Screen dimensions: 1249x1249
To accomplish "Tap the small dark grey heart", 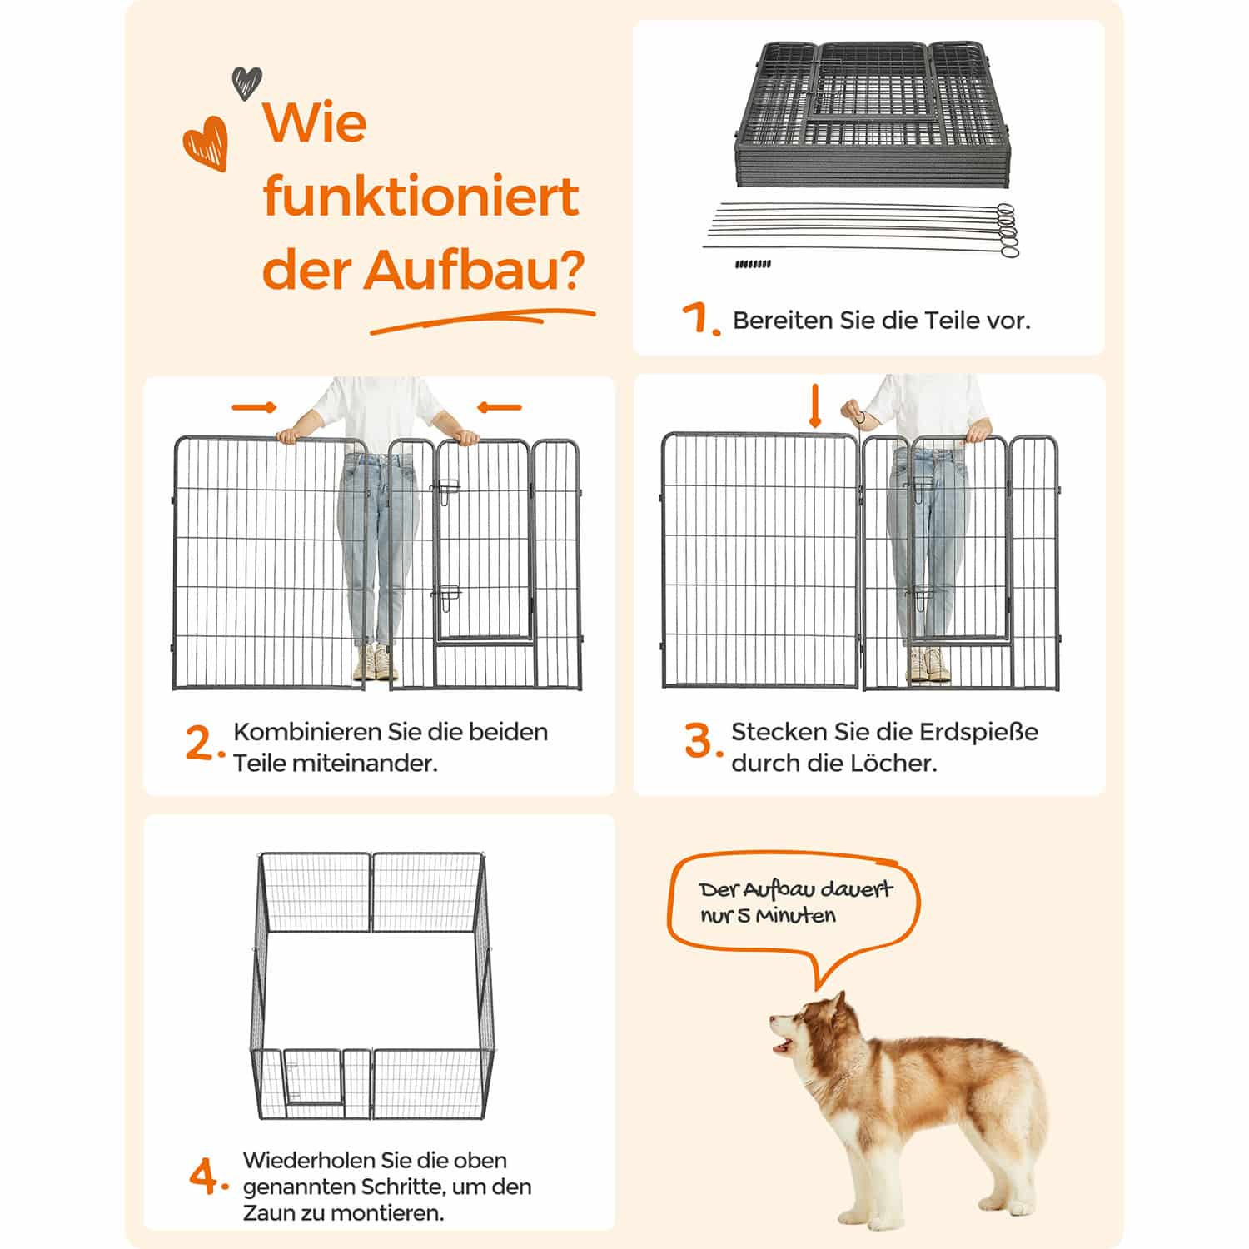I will (x=246, y=82).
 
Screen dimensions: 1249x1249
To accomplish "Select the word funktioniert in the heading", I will (x=420, y=197).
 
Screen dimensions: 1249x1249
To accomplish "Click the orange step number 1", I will (x=698, y=319).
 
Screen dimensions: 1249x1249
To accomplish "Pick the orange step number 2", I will (x=202, y=743).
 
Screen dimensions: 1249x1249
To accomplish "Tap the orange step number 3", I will (x=700, y=741).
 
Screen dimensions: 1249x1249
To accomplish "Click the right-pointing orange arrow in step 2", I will (x=254, y=407).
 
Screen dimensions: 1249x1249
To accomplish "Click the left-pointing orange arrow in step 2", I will (x=499, y=407).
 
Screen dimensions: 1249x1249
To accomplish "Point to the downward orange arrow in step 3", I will (x=814, y=409).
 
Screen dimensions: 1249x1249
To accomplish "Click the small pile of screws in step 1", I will (x=753, y=264).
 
